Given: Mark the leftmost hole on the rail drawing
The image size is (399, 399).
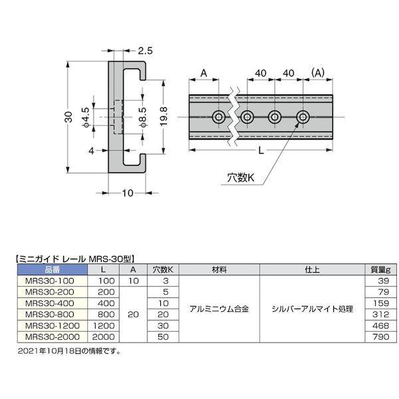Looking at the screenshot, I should pos(218,118).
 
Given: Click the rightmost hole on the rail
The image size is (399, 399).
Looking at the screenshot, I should pos(303,118).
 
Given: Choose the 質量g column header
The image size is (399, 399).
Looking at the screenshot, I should pos(379,270).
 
